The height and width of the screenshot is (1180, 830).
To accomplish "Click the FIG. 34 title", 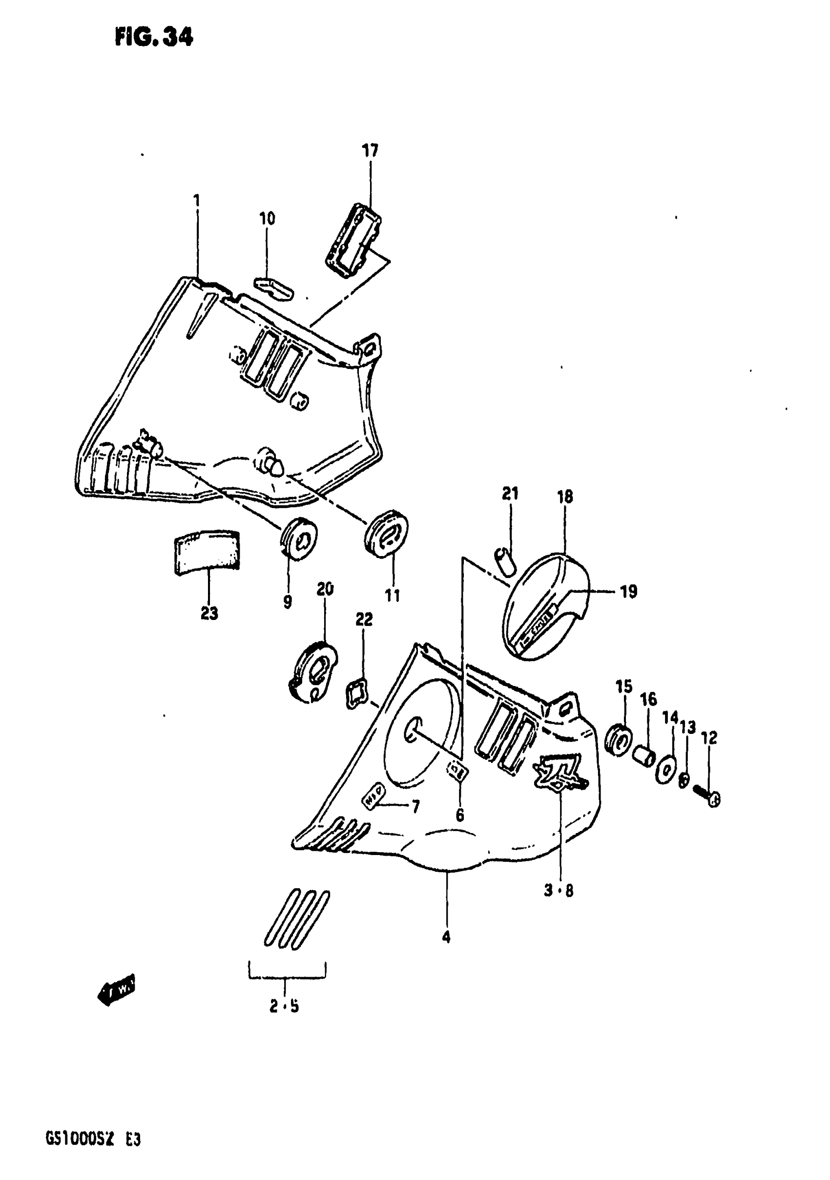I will (154, 37).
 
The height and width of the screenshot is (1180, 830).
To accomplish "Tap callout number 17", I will (370, 150).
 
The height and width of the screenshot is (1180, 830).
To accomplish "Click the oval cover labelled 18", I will (546, 605).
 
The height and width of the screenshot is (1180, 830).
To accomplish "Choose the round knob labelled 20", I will (313, 672).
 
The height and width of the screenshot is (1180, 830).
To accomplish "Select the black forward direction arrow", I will (117, 988).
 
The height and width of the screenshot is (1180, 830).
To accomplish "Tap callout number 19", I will (629, 592).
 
